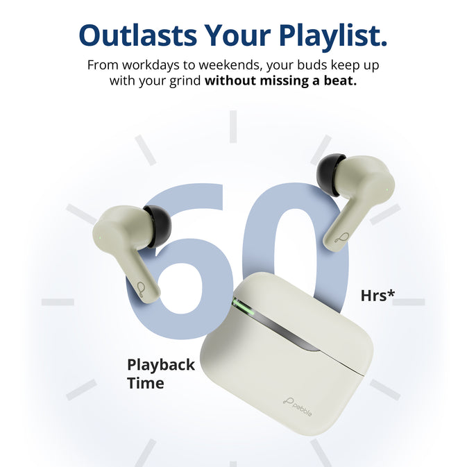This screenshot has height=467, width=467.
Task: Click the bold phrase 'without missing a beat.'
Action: tap(281, 81)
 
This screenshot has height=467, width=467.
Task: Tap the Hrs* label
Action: tap(377, 296)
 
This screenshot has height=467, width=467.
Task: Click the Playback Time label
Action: tap(160, 373)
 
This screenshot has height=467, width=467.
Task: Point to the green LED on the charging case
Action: tap(238, 304)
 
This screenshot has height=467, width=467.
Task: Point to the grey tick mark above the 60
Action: tap(233, 126)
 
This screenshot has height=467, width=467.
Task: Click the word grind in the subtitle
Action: tap(185, 81)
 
